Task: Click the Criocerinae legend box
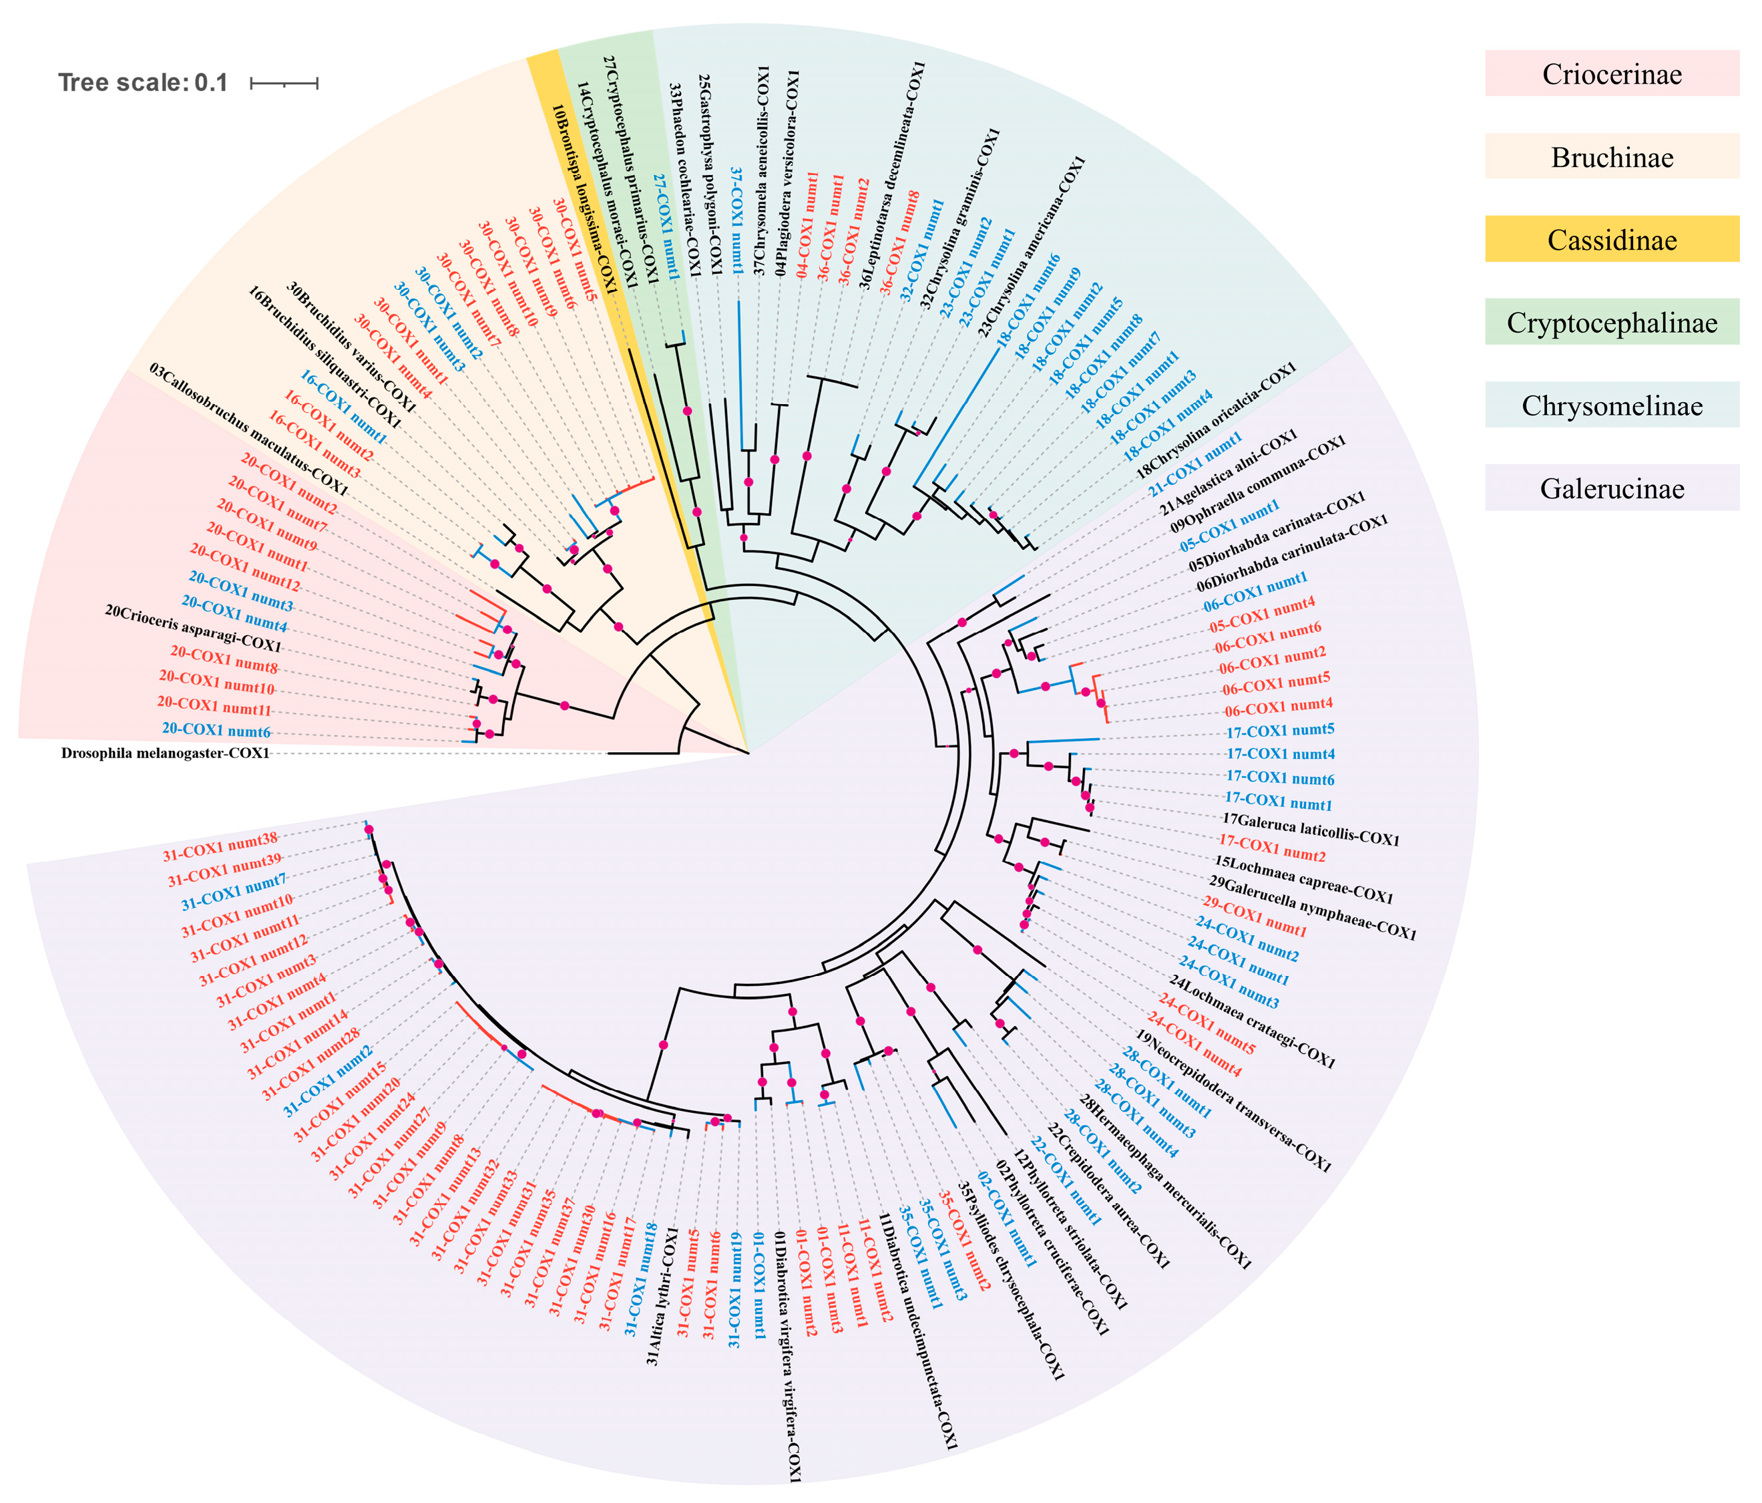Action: (x=1612, y=74)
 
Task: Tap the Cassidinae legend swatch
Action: (x=1612, y=240)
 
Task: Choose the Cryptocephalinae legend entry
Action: (x=1612, y=323)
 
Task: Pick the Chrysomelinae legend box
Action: (x=1612, y=405)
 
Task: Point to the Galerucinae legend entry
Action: (x=1612, y=488)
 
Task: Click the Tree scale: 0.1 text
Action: (x=143, y=83)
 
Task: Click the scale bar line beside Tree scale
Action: (x=284, y=83)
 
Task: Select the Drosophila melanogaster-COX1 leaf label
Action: (x=165, y=753)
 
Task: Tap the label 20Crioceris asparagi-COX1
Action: (x=193, y=629)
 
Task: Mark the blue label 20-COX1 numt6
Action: (x=216, y=730)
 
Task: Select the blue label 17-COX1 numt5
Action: (x=1280, y=731)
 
